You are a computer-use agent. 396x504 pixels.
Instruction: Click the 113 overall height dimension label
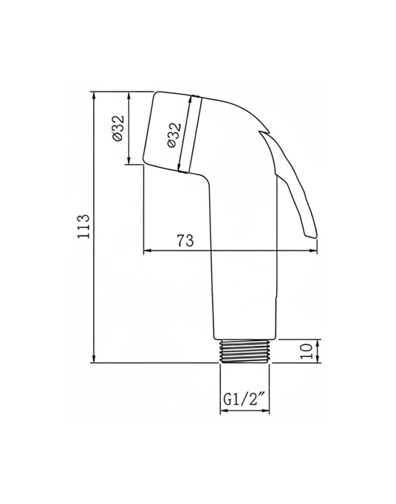(83, 226)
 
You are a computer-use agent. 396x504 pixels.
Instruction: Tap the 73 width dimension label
(186, 241)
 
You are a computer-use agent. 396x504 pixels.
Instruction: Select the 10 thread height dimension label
(307, 351)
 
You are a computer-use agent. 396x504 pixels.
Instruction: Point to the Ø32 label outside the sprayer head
(118, 127)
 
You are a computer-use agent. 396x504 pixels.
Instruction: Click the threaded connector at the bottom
(245, 351)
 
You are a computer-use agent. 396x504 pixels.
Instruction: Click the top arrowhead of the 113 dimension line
(94, 95)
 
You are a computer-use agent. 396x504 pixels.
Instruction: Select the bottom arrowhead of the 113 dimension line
(94, 359)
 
